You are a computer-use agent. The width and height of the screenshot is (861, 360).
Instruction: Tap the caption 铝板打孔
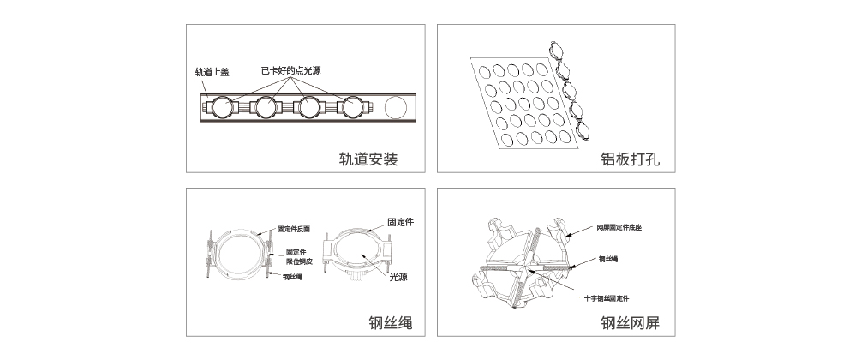pyautogui.click(x=631, y=159)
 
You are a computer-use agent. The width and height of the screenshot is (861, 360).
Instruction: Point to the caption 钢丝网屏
pyautogui.click(x=631, y=323)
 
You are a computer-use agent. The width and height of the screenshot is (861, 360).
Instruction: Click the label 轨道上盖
pyautogui.click(x=212, y=72)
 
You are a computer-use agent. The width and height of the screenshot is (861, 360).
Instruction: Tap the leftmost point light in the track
pyautogui.click(x=224, y=108)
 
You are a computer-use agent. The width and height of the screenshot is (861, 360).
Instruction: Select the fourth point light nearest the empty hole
pyautogui.click(x=351, y=108)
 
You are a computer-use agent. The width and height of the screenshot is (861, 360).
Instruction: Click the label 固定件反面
pyautogui.click(x=295, y=230)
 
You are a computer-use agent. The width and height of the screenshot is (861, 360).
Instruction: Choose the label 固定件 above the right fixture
pyautogui.click(x=401, y=221)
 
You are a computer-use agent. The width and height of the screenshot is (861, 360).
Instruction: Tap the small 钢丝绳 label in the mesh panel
pyautogui.click(x=610, y=258)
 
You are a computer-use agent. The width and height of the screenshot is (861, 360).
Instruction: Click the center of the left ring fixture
pyautogui.click(x=239, y=255)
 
